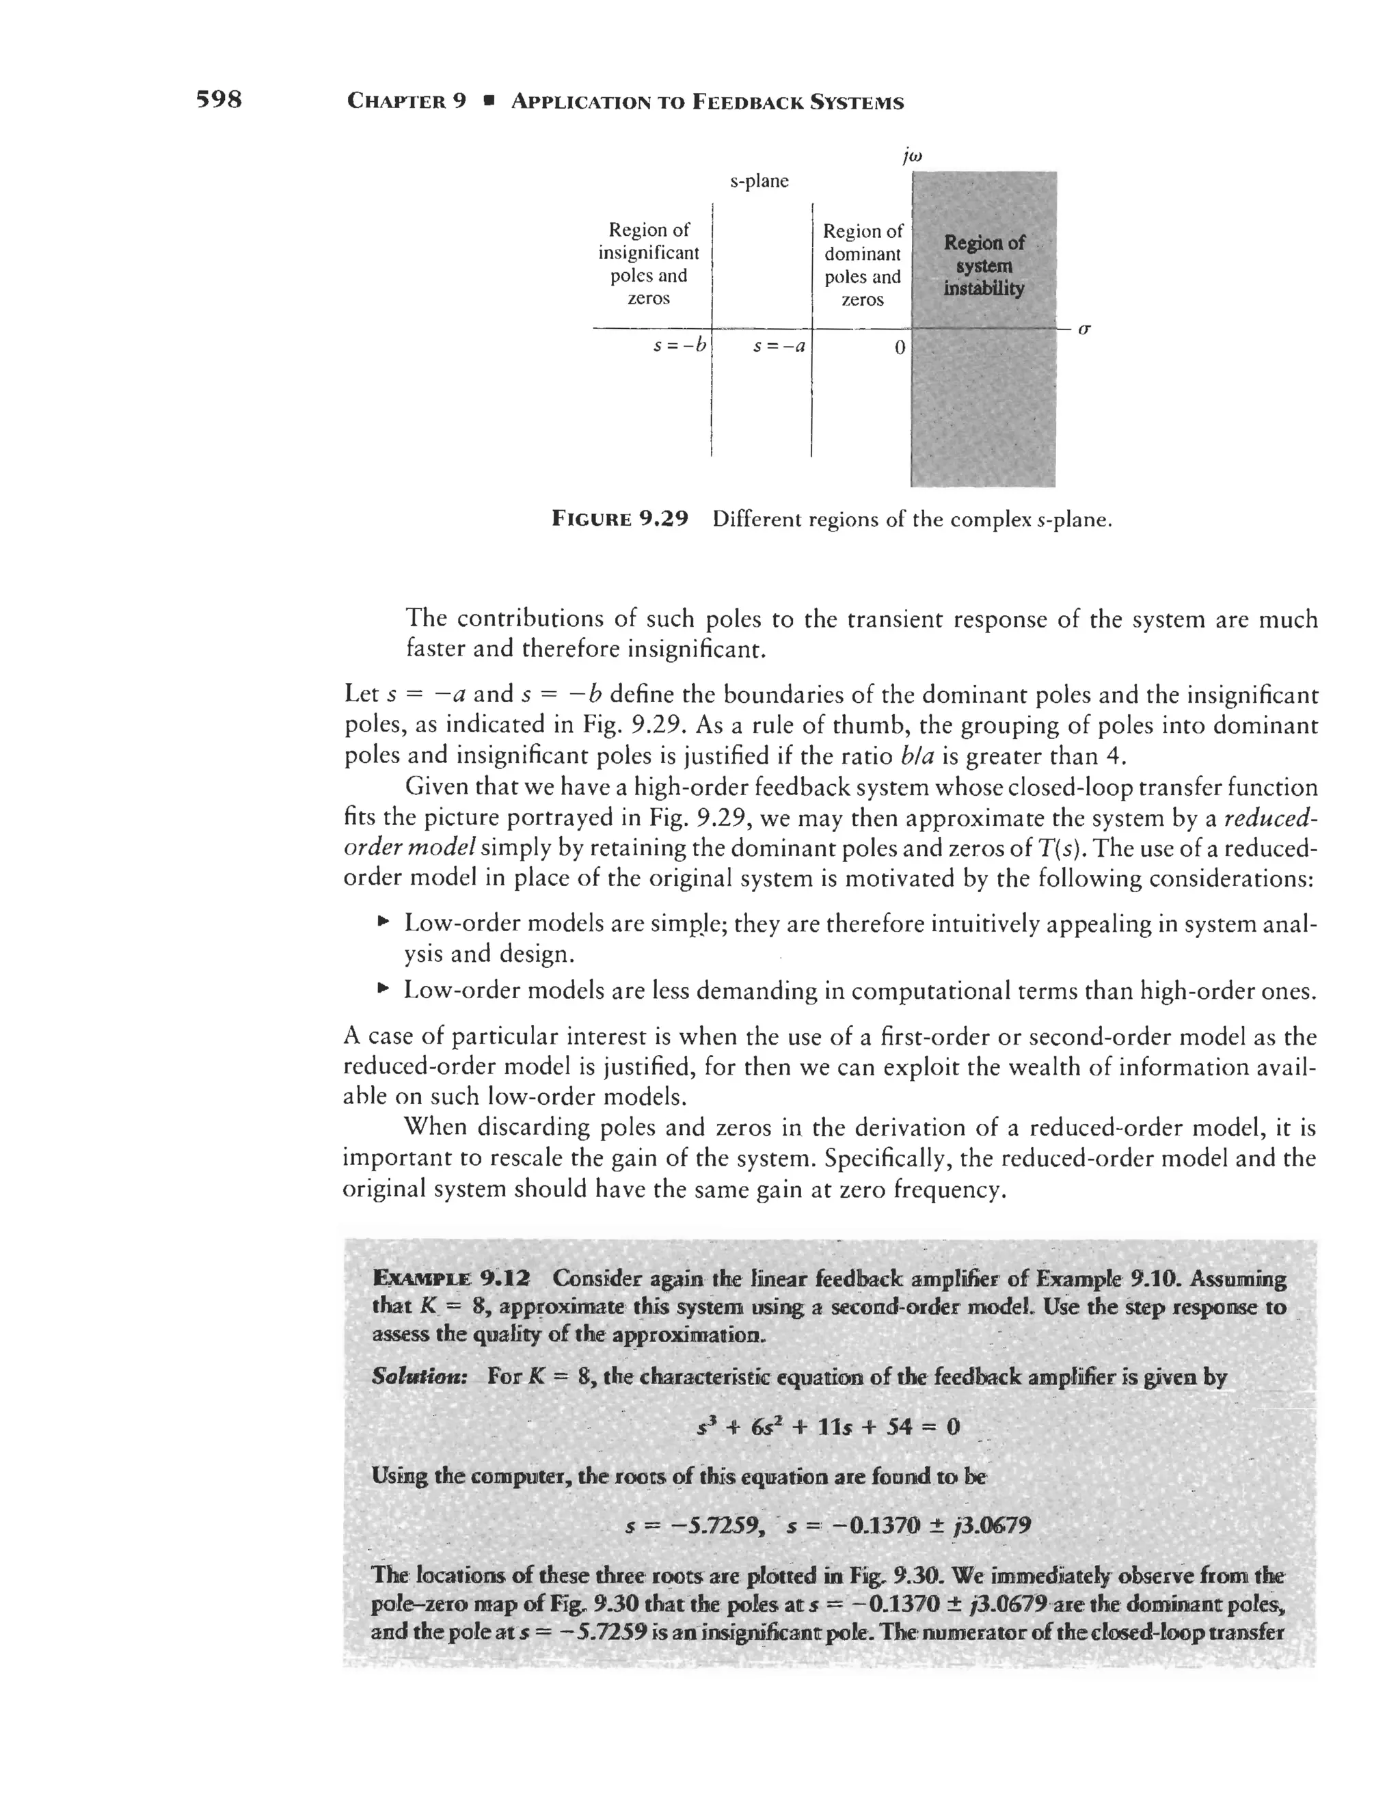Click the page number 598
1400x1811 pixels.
point(219,100)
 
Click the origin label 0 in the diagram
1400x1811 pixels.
point(899,348)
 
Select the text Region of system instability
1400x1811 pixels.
point(984,265)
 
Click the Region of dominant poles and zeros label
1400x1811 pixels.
point(863,265)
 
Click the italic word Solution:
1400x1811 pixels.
point(419,1376)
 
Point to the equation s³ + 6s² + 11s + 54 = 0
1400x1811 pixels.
point(829,1426)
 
